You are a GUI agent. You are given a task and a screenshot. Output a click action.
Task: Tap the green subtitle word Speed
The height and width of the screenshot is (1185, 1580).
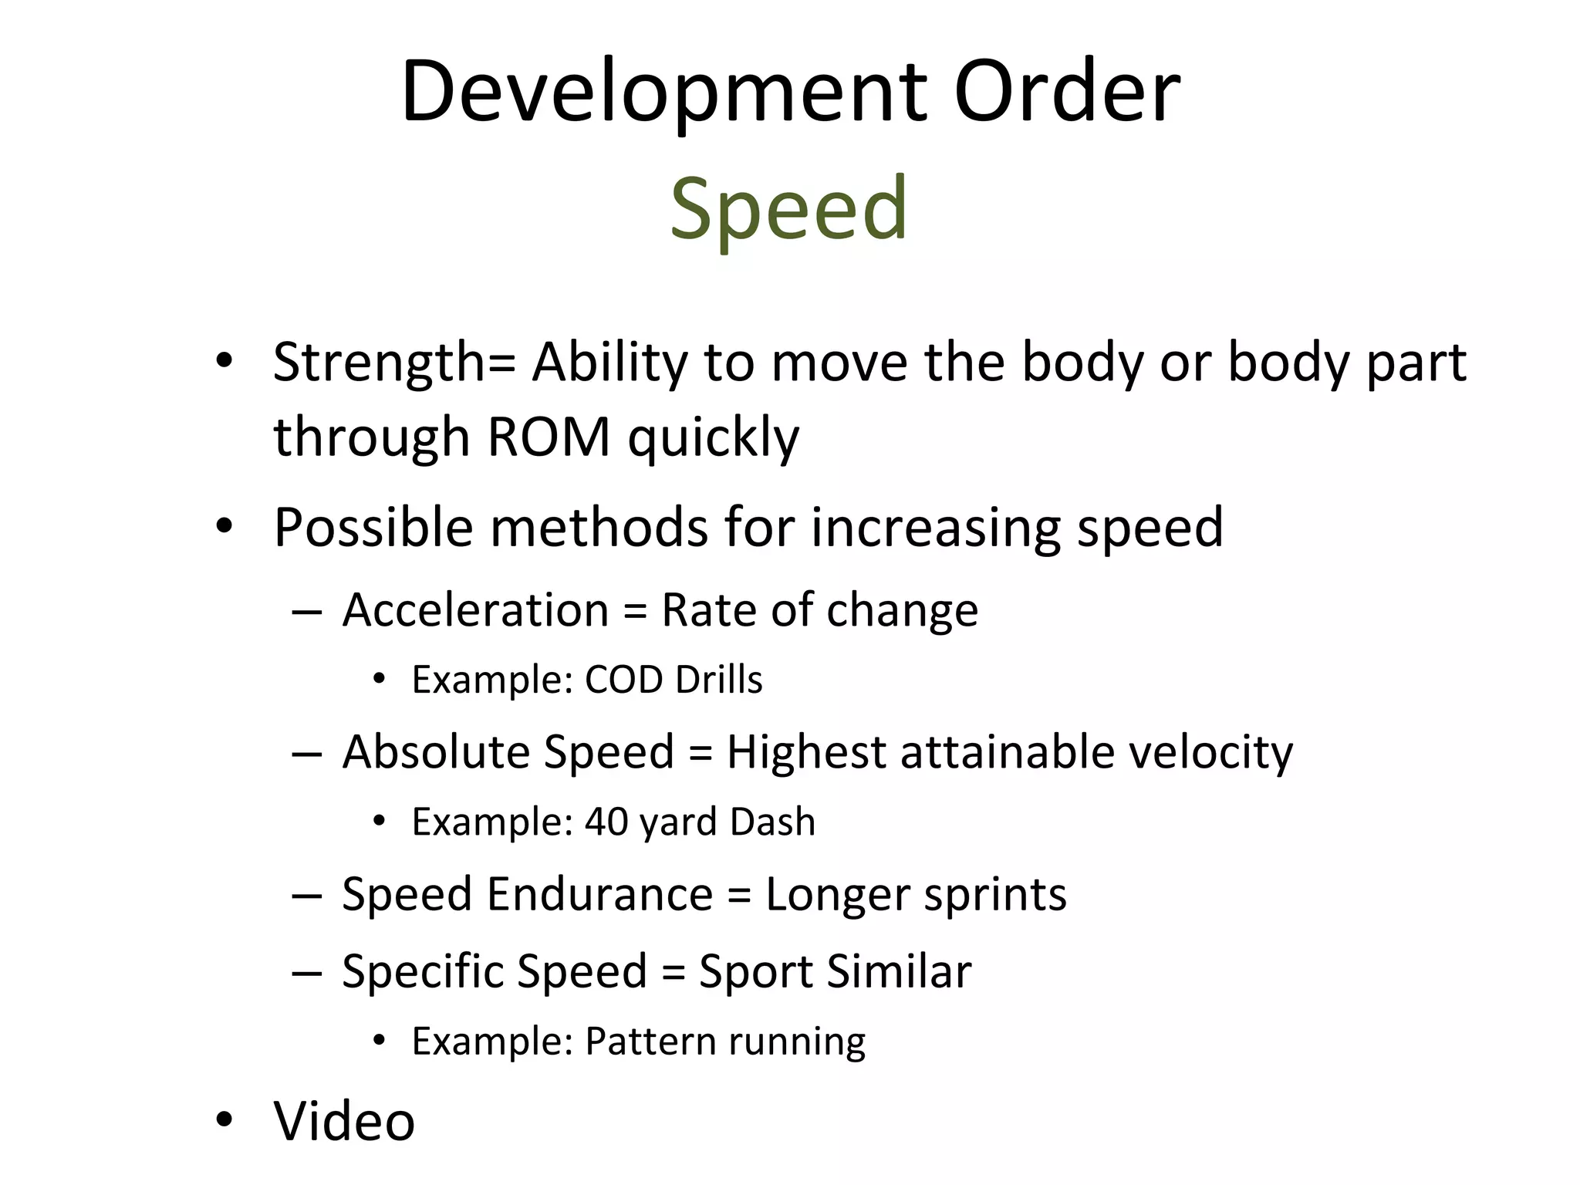pos(788,208)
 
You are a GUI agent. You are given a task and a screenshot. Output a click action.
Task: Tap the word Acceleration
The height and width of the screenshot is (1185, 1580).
pos(476,610)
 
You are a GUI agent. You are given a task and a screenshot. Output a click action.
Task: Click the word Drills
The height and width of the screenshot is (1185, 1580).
pos(719,680)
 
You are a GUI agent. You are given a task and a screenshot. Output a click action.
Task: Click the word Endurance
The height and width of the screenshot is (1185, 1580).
pos(599,894)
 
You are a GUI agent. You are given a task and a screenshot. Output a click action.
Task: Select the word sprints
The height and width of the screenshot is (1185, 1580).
pos(995,895)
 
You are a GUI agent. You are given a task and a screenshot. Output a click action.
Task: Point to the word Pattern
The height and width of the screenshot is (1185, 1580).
pos(650,1041)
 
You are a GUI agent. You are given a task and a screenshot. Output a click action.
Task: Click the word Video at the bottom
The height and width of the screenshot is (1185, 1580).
pos(344,1120)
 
